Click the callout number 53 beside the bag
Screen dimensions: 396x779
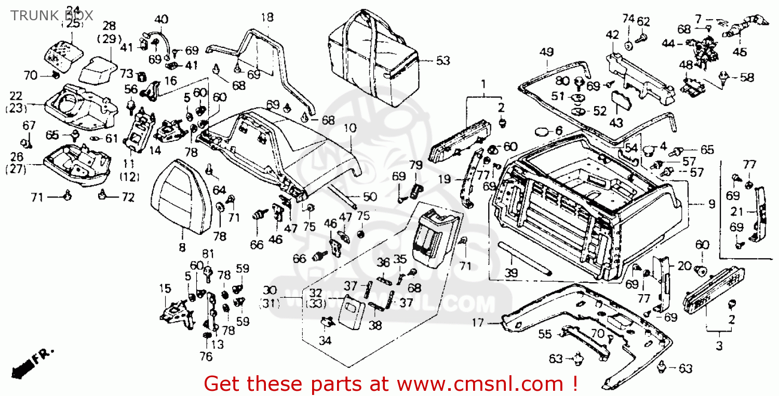click(x=442, y=61)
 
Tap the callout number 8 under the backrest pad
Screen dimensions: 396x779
click(x=182, y=248)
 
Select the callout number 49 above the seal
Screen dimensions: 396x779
click(x=546, y=52)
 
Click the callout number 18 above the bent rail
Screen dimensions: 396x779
click(x=267, y=18)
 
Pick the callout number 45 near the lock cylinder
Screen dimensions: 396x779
click(x=740, y=52)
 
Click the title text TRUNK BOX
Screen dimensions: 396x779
click(x=52, y=15)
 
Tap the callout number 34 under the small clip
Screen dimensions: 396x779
click(x=325, y=340)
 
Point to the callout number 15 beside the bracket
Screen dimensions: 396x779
click(x=165, y=288)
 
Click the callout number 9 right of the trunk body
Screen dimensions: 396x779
click(x=711, y=203)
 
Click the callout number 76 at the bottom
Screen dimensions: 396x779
click(x=206, y=357)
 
